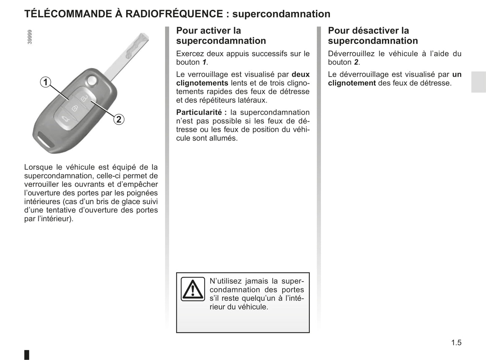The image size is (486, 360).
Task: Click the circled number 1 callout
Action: point(45,82)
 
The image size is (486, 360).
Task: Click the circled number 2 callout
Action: point(119,119)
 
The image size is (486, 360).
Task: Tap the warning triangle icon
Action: point(193,289)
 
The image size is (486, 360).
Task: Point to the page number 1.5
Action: point(456,343)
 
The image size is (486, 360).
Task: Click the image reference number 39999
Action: point(30,37)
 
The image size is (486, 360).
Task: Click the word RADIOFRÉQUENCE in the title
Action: point(174,14)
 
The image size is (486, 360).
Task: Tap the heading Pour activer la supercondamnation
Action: point(221,36)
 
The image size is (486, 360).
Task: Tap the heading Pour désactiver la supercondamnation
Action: point(373,36)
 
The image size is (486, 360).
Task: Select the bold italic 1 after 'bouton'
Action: point(204,62)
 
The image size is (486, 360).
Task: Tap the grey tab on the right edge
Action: point(478,82)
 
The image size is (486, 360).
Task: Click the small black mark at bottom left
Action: point(27,355)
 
